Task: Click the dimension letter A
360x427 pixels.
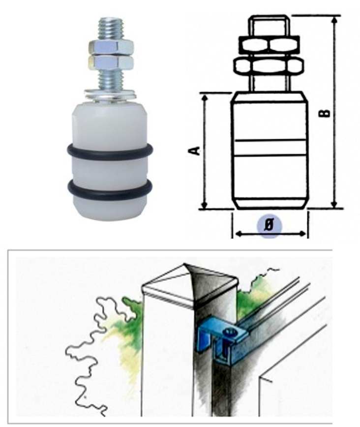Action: pyautogui.click(x=194, y=151)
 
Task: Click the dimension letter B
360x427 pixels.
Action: pyautogui.click(x=325, y=113)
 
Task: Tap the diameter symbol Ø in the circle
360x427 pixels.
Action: pyautogui.click(x=270, y=225)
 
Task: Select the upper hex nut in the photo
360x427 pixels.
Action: pyautogui.click(x=111, y=47)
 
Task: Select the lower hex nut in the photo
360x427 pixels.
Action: pyautogui.click(x=111, y=61)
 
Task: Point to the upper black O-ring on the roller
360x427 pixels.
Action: pyautogui.click(x=110, y=152)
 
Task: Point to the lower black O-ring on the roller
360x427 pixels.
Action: pyautogui.click(x=110, y=188)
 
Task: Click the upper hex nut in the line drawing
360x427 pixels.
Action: pyautogui.click(x=269, y=44)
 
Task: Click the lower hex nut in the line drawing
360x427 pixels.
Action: pyautogui.click(x=269, y=66)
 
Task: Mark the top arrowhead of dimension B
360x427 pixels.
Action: pyautogui.click(x=335, y=20)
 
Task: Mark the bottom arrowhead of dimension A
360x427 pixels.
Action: pyautogui.click(x=204, y=205)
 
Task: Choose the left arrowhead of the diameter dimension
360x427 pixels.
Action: pyautogui.click(x=239, y=234)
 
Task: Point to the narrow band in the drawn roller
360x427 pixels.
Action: pyautogui.click(x=270, y=148)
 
